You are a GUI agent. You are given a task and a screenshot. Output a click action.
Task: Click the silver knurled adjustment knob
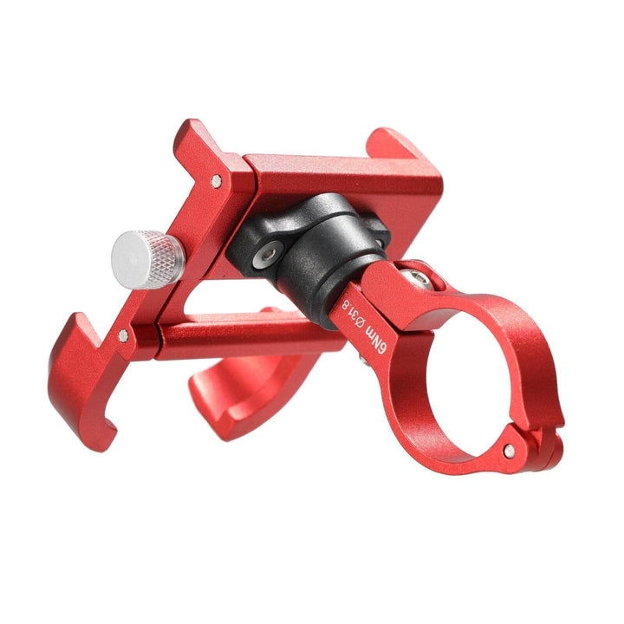pos(147,259)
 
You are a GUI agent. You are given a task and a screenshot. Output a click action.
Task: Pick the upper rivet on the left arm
pos(215,180)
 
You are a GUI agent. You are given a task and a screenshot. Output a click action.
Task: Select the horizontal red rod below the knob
pos(234,334)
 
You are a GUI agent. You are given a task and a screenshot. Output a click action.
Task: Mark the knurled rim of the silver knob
pos(165,260)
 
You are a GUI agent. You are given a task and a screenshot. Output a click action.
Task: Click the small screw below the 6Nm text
pos(361,354)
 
